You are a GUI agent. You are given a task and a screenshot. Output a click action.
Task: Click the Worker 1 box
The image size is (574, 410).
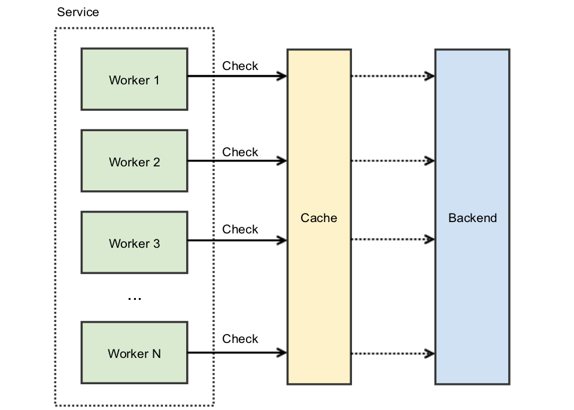(134, 79)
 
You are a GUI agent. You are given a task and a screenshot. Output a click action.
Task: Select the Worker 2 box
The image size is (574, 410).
(134, 161)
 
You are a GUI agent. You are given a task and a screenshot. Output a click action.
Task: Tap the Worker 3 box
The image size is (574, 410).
(134, 242)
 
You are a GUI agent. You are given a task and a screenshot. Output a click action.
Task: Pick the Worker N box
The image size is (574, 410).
(134, 353)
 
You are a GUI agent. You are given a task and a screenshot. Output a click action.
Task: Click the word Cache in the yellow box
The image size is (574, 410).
(318, 218)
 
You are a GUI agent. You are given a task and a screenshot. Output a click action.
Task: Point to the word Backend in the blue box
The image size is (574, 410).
(472, 218)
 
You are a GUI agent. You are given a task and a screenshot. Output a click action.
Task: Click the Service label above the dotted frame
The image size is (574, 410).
(78, 12)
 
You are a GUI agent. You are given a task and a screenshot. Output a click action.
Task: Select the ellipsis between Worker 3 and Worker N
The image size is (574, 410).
(135, 298)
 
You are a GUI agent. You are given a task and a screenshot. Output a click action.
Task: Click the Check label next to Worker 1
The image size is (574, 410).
(240, 66)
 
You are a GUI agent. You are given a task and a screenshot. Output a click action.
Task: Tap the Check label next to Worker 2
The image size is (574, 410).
(240, 152)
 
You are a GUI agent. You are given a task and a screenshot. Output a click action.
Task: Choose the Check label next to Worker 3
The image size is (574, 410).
(240, 229)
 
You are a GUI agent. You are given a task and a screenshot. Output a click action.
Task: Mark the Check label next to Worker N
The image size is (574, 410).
(240, 339)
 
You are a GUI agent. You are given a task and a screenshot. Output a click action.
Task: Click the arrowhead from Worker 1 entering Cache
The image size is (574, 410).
(282, 76)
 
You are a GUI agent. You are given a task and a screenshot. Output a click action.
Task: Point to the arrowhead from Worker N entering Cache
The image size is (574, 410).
(282, 353)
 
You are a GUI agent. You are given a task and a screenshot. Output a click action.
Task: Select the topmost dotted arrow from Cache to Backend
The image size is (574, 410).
(392, 76)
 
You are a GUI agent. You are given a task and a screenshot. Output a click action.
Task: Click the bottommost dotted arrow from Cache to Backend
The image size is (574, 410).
(392, 353)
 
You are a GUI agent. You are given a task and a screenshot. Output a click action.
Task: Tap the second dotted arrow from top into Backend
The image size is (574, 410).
(392, 160)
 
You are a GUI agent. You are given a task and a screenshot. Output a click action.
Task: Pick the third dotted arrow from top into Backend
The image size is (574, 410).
(392, 239)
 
